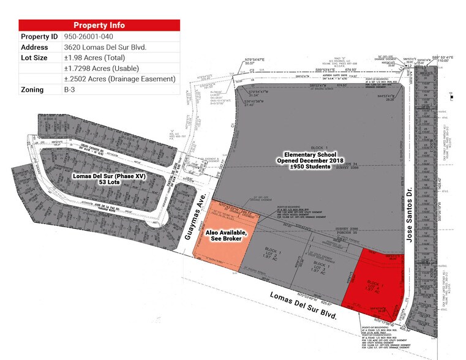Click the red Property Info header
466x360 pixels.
[99, 25]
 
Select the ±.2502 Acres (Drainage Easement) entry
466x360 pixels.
[119, 79]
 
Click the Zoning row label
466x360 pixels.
[32, 89]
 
